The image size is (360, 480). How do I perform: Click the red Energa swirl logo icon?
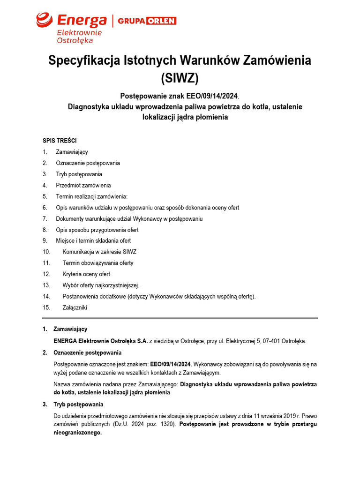point(45,20)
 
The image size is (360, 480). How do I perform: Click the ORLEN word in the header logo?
point(161,21)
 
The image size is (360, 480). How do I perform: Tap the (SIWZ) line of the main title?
point(180,78)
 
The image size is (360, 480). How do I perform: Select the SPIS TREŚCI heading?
point(60,140)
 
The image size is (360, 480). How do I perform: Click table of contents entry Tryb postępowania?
point(79,174)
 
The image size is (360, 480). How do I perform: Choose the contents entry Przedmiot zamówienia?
point(83,185)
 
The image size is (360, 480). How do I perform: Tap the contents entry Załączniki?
point(75,307)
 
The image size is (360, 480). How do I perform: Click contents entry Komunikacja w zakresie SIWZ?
point(99,252)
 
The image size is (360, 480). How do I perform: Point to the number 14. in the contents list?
point(46,296)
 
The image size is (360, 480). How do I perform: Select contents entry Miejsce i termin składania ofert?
point(93,241)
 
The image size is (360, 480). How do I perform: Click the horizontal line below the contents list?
point(180,318)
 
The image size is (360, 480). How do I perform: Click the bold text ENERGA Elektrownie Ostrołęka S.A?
point(100,341)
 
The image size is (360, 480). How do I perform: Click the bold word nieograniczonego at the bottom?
point(77,433)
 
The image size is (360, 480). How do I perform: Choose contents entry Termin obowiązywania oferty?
point(97,263)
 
